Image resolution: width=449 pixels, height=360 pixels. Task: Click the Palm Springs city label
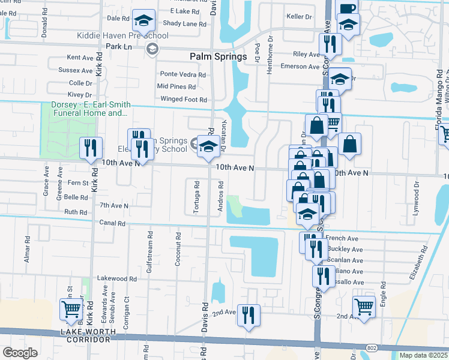(218, 56)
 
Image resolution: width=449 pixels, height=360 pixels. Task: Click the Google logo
(20, 353)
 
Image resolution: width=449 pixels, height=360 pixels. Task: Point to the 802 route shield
(373, 348)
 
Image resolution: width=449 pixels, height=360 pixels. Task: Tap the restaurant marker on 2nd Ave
(248, 314)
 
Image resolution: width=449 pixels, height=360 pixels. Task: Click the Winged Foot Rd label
(183, 100)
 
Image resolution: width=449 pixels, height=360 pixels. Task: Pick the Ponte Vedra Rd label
(182, 74)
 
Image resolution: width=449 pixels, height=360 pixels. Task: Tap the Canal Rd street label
(113, 223)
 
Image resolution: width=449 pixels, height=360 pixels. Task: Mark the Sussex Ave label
(76, 70)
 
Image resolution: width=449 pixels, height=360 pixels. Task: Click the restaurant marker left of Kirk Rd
(91, 148)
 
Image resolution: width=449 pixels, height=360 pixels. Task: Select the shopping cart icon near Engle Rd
(364, 307)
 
